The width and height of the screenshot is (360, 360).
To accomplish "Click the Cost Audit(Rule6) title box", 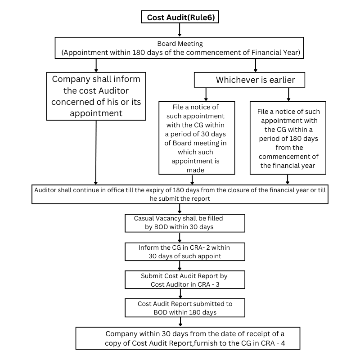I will click(180, 18).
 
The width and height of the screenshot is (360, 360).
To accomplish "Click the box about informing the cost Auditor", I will click(96, 96).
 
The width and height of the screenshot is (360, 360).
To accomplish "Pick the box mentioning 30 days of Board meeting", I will click(197, 138).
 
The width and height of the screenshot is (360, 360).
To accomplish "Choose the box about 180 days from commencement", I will click(288, 138).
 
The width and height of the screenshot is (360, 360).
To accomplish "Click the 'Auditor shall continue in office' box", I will click(180, 194).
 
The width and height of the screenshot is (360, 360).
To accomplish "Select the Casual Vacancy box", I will click(184, 222).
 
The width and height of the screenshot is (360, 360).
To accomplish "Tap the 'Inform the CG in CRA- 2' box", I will click(184, 252).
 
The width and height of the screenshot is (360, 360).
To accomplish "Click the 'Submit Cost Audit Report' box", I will click(184, 279).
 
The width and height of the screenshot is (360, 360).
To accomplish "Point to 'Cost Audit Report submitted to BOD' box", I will click(184, 308).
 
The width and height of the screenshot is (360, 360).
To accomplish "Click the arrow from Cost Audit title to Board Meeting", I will click(180, 30).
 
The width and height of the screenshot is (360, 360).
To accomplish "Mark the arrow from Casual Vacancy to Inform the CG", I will click(180, 237).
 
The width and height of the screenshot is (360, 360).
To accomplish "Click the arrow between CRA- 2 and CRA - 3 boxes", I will click(180, 265).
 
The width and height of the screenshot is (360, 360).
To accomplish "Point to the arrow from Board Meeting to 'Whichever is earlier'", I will click(256, 66).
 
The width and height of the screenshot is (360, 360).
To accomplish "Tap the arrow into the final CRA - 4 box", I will click(180, 322).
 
